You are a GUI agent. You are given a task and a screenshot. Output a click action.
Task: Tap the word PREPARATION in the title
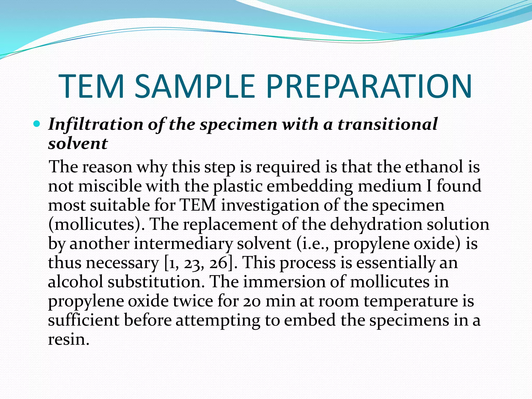point(369,87)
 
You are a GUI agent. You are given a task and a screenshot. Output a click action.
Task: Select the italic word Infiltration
point(96,124)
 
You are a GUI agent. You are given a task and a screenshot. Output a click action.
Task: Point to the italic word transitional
point(388,124)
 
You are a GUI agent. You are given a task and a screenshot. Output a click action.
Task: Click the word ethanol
point(434,167)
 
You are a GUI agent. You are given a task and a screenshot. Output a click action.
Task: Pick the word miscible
point(110,186)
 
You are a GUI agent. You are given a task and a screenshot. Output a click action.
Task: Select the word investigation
point(270,205)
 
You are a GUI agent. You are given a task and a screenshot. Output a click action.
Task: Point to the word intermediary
point(183,244)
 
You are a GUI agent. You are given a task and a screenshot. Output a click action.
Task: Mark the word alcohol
point(76,282)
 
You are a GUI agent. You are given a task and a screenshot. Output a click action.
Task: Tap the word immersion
point(284,282)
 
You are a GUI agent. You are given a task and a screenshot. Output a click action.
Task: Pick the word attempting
point(218,321)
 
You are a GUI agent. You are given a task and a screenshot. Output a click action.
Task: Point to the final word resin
point(69,340)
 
